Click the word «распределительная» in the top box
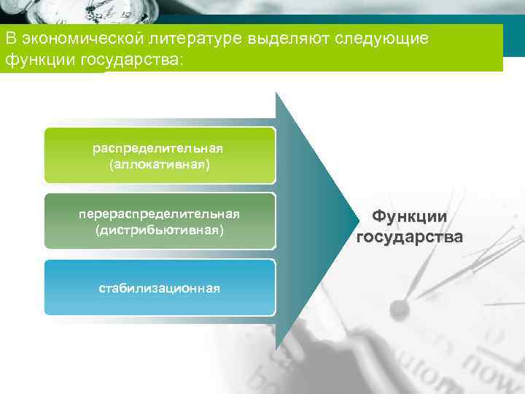point(159,148)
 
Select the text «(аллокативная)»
point(159,165)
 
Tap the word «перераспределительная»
point(159,214)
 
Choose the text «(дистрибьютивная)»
point(159,231)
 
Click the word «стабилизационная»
point(159,287)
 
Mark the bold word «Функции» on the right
point(409,217)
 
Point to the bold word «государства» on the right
point(409,236)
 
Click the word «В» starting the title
point(9,38)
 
